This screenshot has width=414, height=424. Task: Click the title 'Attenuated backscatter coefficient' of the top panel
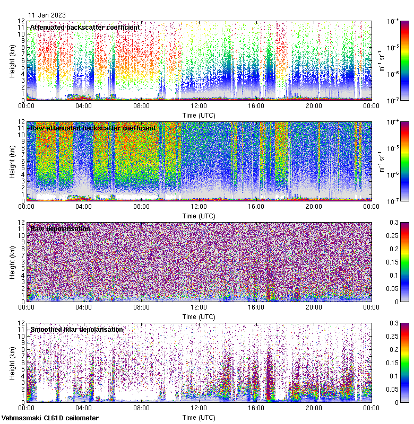(85, 27)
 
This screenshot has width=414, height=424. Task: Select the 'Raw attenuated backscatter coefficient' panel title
(93, 128)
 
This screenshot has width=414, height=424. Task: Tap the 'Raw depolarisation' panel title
(60, 228)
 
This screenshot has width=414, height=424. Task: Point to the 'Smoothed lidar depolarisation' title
(76, 329)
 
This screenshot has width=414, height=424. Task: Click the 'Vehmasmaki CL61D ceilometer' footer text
(50, 418)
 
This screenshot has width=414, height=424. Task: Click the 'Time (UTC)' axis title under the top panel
(199, 115)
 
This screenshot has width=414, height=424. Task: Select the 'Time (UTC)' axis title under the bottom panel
(199, 417)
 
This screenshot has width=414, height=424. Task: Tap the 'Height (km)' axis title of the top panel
(12, 60)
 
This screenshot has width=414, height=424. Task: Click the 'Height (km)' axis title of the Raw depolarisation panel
(12, 262)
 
